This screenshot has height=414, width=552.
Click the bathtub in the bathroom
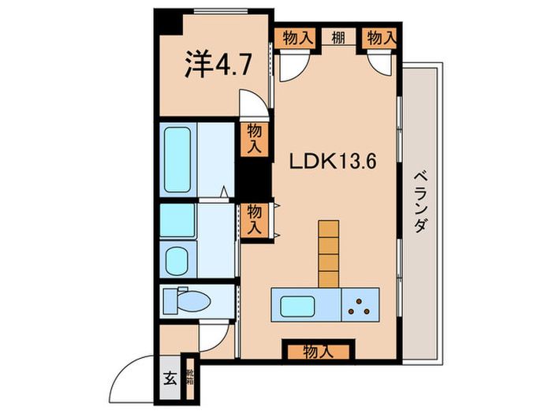coord(179,159)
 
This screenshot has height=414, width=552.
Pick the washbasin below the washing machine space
coord(178,257)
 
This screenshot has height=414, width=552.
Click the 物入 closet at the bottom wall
coord(316,352)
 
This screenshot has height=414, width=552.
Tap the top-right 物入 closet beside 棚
coord(380,36)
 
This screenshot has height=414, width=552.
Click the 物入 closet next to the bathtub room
coord(254,139)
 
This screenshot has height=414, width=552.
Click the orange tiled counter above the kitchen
coord(328,252)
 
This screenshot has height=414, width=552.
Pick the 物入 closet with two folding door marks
coord(254,218)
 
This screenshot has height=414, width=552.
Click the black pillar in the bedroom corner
coord(167,22)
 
